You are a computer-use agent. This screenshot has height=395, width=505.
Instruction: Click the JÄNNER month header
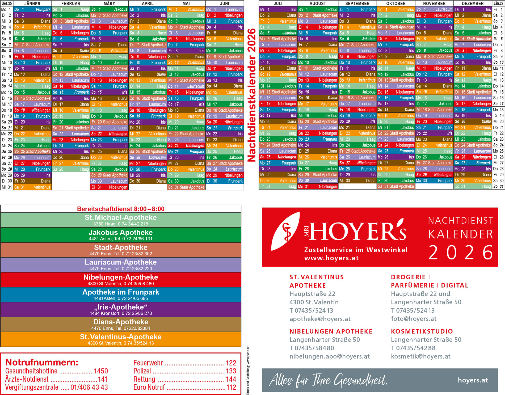(x=32, y=3)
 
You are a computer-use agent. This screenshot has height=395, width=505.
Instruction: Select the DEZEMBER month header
(x=473, y=3)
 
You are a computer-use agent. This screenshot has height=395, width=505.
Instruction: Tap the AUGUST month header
(x=318, y=3)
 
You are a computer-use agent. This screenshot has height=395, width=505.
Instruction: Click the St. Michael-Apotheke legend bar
(x=121, y=220)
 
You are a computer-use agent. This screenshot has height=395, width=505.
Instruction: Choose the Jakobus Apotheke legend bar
(x=121, y=235)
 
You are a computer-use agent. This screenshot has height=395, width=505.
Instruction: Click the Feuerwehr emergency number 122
(x=231, y=363)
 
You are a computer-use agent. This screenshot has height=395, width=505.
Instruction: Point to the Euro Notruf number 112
(x=231, y=387)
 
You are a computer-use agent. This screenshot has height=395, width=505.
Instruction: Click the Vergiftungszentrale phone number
(x=89, y=387)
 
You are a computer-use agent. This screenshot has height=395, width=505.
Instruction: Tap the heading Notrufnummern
(x=42, y=362)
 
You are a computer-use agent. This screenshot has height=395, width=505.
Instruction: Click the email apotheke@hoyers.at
(x=320, y=319)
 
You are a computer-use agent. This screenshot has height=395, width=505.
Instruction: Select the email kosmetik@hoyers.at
(x=420, y=356)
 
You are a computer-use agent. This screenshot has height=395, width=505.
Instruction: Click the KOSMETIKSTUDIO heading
(x=422, y=331)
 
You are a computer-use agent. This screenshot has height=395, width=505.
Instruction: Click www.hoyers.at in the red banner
(x=331, y=258)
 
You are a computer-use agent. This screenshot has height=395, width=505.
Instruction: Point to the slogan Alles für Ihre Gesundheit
(x=328, y=380)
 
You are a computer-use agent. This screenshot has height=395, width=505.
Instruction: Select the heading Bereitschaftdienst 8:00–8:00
(x=121, y=209)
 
